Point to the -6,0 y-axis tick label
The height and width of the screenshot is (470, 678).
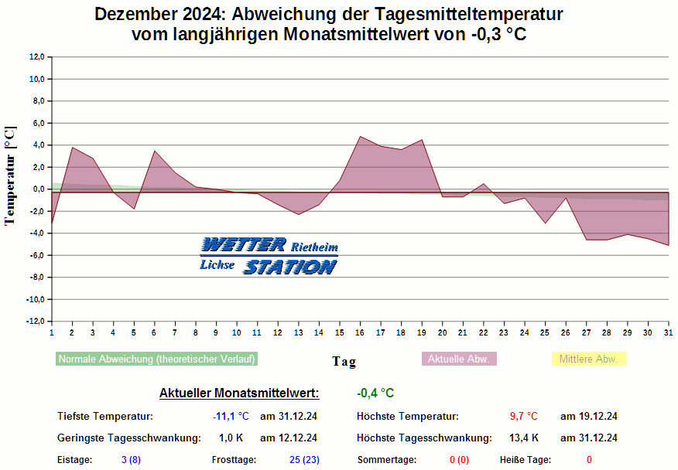tap(37, 255)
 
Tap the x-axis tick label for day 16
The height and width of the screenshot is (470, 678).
tap(360, 332)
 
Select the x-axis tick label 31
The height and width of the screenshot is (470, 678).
tap(668, 332)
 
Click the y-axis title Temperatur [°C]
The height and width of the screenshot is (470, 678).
tap(10, 175)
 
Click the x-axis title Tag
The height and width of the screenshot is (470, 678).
tap(344, 361)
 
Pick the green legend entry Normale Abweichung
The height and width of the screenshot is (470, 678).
tap(156, 359)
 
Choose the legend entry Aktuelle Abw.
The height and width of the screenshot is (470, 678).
tap(459, 359)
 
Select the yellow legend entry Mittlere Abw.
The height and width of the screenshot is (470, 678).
tap(588, 359)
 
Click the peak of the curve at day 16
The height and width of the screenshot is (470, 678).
tap(360, 137)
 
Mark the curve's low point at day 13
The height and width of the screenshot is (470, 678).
tap(299, 214)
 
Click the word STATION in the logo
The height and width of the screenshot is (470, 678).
tap(290, 267)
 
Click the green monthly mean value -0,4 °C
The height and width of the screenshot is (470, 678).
tap(375, 393)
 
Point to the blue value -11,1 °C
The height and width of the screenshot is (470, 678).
tap(231, 416)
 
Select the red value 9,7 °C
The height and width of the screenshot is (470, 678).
tap(523, 416)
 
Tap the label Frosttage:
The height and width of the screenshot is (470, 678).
tap(234, 460)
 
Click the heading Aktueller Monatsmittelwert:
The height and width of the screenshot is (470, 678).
tap(238, 393)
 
